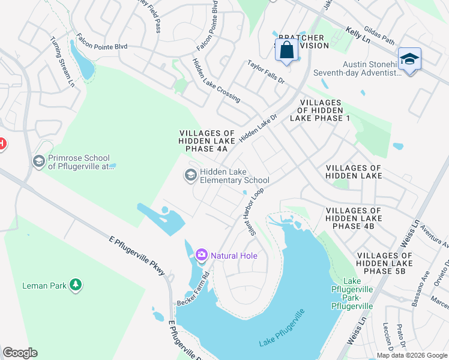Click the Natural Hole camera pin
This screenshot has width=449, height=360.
(201, 256)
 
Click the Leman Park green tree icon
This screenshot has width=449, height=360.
(75, 284)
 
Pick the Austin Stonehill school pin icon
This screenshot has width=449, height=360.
(409, 59)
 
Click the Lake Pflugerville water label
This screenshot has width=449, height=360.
(282, 328)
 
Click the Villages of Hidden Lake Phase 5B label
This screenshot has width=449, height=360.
(385, 263)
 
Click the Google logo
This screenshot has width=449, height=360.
(20, 353)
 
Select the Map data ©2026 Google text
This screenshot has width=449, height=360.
(412, 355)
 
